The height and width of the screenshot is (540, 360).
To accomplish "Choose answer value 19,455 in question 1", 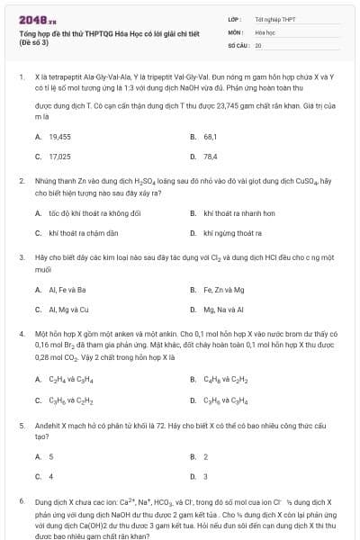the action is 59,136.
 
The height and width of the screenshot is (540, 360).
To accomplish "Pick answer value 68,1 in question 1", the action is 211,136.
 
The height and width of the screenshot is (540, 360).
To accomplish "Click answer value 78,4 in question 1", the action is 211,156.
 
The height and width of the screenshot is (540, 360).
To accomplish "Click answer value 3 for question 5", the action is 206,476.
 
